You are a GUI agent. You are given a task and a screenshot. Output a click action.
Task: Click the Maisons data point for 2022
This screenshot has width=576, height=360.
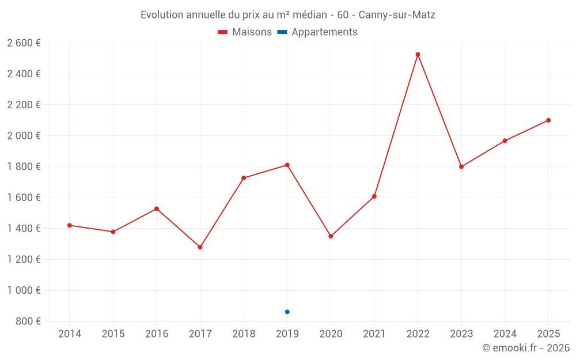418,55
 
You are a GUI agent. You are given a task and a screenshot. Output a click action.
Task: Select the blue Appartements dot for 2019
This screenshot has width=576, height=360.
287,312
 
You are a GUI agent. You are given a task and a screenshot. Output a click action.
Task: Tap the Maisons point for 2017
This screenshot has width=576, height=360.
200,247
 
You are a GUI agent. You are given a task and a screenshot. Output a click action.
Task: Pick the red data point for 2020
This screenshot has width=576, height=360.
331,236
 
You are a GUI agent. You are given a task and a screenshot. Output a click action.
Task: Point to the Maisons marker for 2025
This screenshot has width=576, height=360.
548,120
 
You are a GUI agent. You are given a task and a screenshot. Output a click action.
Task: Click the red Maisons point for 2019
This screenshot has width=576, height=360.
287,165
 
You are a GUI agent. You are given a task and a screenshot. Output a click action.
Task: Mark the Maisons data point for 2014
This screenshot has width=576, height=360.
70,225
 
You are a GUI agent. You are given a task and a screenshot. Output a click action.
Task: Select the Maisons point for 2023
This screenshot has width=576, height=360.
461,166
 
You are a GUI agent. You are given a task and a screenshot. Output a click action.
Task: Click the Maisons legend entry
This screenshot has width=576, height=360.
245,32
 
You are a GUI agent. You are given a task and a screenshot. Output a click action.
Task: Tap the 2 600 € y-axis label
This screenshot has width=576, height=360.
24,43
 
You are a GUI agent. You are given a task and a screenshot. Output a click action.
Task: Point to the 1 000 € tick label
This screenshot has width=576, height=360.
24,290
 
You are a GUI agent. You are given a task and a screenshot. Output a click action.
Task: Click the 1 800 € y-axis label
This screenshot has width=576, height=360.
24,166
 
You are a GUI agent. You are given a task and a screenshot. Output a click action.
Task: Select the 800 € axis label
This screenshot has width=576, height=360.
28,321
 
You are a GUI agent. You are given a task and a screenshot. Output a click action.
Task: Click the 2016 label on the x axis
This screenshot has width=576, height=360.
157,334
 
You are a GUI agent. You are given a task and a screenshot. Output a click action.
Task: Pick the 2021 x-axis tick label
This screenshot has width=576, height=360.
374,334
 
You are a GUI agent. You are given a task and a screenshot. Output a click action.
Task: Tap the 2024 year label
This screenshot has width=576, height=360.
505,334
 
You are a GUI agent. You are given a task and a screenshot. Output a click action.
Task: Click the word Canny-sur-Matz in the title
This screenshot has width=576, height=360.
397,15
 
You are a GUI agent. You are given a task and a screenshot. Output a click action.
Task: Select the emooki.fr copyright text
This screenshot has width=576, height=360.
526,348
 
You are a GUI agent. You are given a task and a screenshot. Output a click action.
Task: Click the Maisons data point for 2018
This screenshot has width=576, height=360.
244,178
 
